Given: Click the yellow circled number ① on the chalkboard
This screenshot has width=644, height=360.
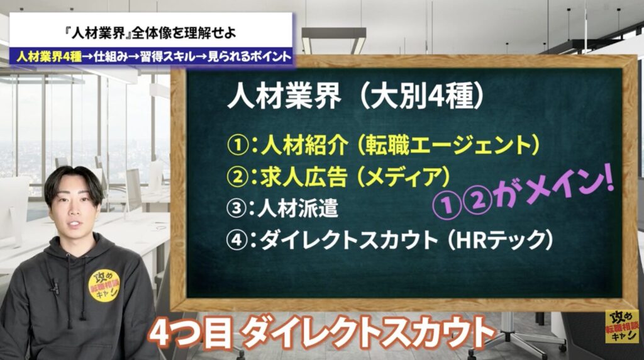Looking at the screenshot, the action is pyautogui.click(x=238, y=146).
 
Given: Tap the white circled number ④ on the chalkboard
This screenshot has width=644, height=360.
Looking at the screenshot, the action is pyautogui.click(x=237, y=240).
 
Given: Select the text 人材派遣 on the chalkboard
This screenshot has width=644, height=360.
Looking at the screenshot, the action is pyautogui.click(x=297, y=208).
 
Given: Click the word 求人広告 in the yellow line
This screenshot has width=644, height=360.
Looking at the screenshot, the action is pyautogui.click(x=304, y=177).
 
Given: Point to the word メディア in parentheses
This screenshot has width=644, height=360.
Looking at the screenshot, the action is pyautogui.click(x=402, y=177).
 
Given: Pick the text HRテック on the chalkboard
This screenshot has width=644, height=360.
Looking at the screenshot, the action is pyautogui.click(x=499, y=240).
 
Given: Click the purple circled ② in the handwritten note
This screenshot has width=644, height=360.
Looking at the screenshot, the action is pyautogui.click(x=478, y=202).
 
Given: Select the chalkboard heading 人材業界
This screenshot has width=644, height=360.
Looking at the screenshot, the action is pyautogui.click(x=284, y=98).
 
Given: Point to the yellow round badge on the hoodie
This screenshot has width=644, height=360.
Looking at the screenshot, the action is pyautogui.click(x=104, y=286).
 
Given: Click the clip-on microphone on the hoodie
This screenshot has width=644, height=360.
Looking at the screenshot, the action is pyautogui.click(x=54, y=286).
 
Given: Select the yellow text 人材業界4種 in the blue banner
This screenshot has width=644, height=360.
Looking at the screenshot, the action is pyautogui.click(x=49, y=56).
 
